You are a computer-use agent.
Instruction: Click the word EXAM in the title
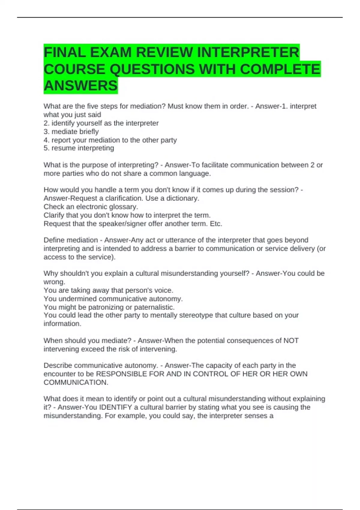tap(111, 52)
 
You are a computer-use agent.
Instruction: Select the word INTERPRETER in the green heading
tap(248, 52)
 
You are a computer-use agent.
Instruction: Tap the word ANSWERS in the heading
tap(80, 86)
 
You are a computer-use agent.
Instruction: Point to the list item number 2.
tap(46, 123)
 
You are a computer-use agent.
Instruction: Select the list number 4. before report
tap(46, 140)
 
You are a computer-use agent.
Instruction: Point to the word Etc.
tap(216, 224)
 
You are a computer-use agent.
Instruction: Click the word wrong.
tap(54, 282)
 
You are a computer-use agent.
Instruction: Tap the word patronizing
tap(106, 307)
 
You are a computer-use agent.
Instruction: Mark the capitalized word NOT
tap(291, 341)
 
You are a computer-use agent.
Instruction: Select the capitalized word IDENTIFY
tap(115, 407)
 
